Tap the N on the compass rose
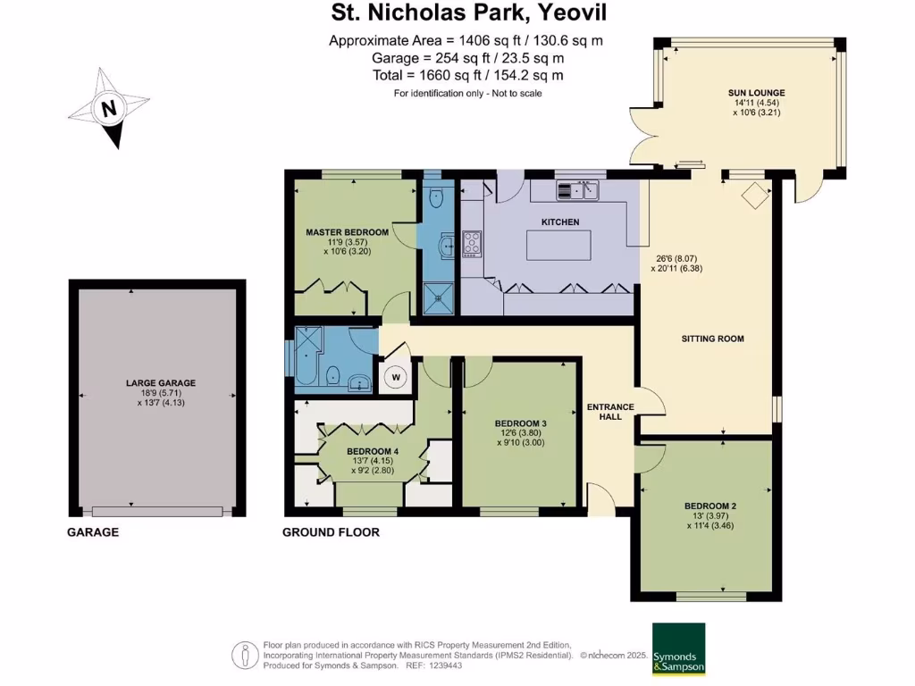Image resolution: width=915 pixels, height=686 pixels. click(x=109, y=111)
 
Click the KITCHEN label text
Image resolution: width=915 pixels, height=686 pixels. click(x=560, y=222)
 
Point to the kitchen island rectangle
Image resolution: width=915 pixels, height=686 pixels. click(x=560, y=244)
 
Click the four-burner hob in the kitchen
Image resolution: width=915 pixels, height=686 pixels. click(x=472, y=243)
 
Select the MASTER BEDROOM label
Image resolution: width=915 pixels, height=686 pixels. click(x=347, y=232)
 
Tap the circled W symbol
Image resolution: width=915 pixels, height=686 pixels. click(x=394, y=378)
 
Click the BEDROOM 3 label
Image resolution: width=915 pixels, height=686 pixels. click(x=520, y=423)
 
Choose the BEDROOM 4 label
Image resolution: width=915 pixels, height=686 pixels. click(x=372, y=451)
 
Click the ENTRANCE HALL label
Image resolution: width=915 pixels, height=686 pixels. click(x=610, y=413)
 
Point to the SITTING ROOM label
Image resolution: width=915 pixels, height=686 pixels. click(x=712, y=339)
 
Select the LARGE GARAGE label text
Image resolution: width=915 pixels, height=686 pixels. click(x=160, y=383)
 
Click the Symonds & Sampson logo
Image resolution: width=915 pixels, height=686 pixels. click(x=678, y=648)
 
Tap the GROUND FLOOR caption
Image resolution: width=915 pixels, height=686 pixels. click(x=331, y=532)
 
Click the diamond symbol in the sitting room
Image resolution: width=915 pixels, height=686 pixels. click(x=755, y=196)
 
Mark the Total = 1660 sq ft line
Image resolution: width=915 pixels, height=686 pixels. click(x=467, y=76)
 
